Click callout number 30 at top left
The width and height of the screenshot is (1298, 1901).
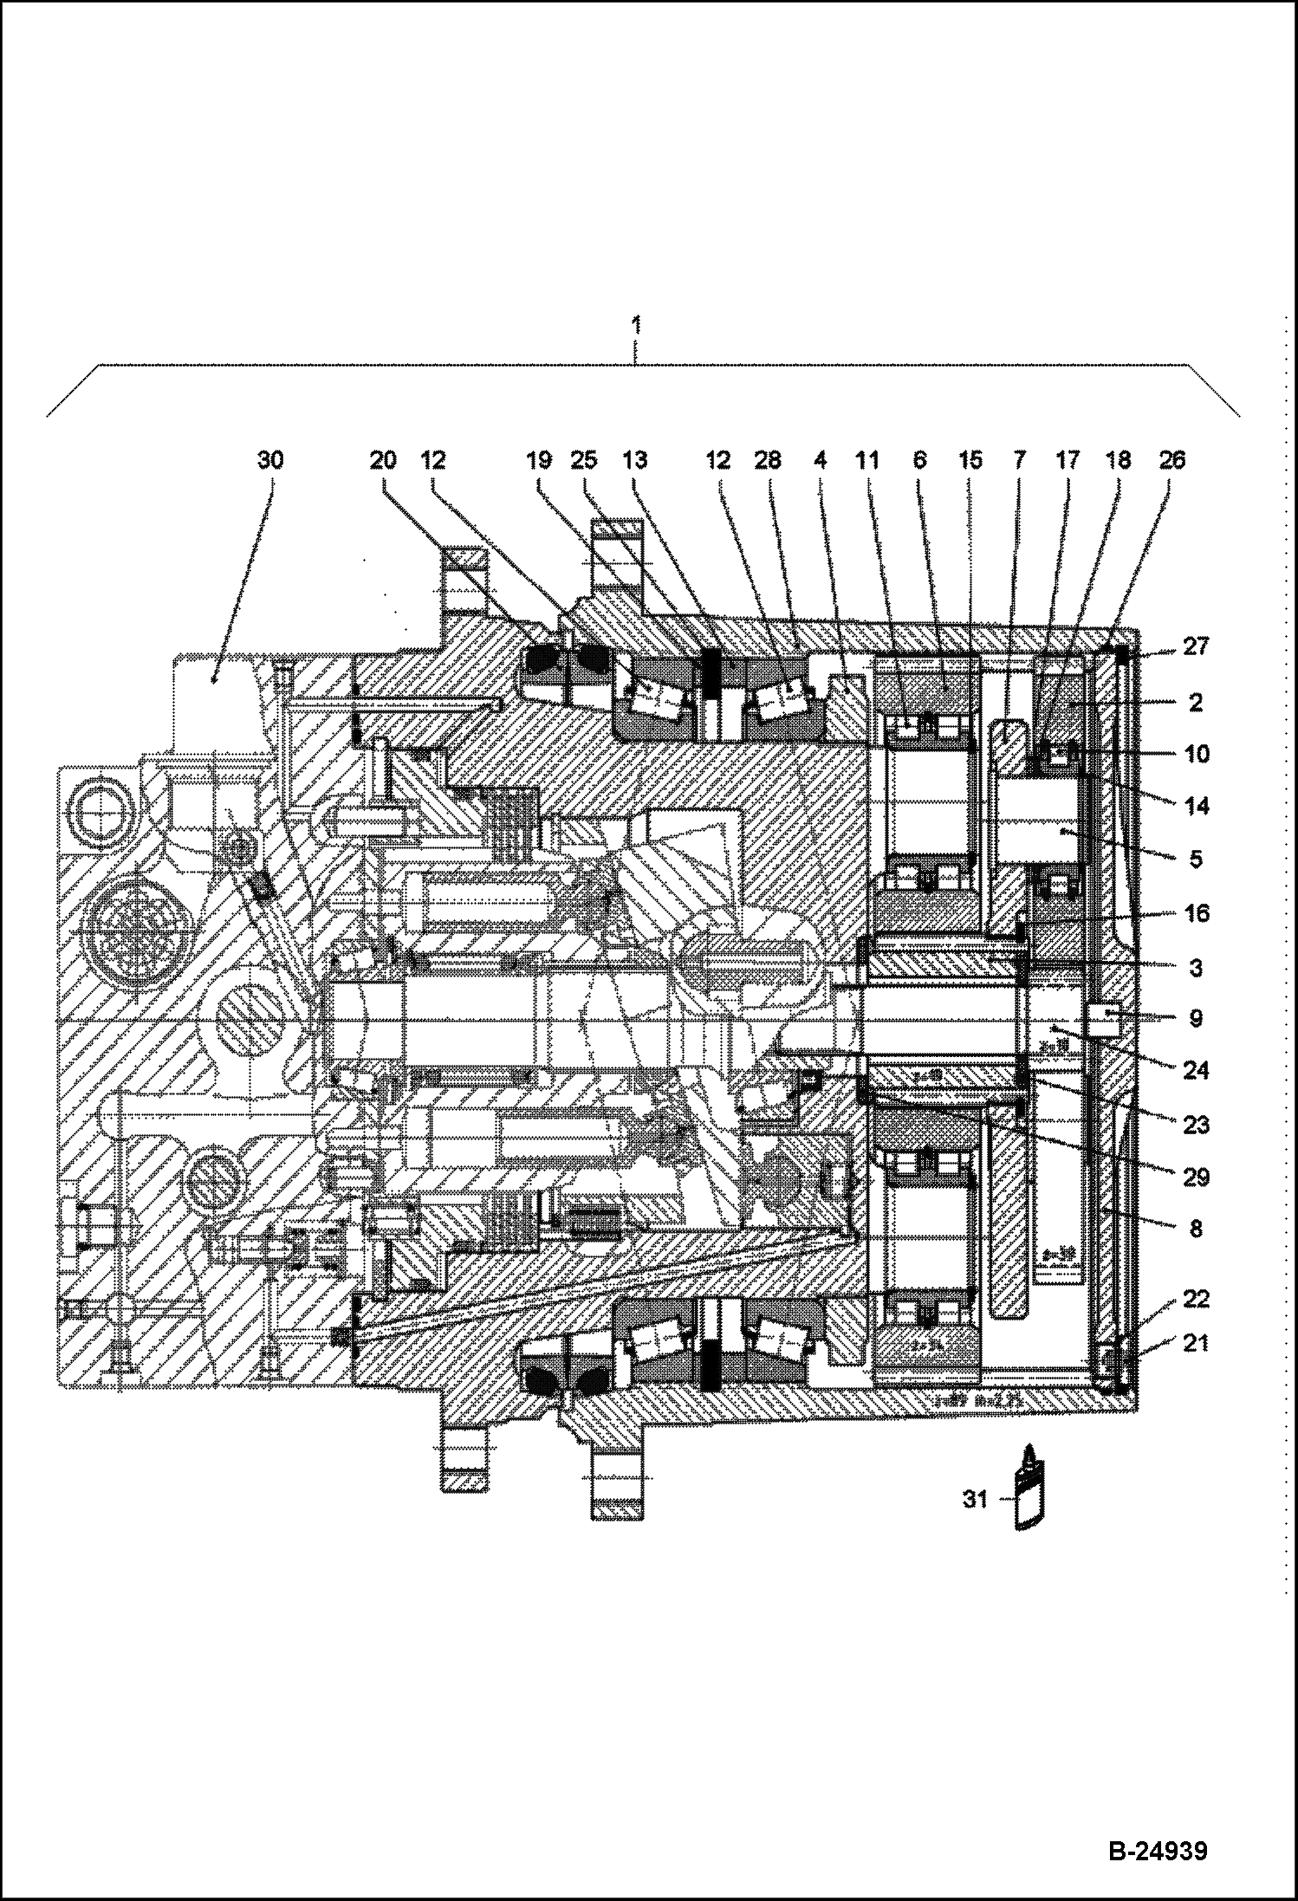click(270, 460)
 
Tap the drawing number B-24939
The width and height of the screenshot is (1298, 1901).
click(1157, 1852)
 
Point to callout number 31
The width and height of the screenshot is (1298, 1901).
click(976, 1498)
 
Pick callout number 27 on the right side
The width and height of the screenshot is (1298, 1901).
click(1195, 647)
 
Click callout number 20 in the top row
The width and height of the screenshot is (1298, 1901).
click(383, 460)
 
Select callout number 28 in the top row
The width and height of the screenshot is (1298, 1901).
click(768, 460)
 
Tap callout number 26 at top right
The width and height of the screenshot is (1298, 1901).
click(1171, 460)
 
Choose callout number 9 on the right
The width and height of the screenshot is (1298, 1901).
click(1195, 1019)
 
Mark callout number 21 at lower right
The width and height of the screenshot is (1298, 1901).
click(1195, 1343)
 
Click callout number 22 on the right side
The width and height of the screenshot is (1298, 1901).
click(1195, 1299)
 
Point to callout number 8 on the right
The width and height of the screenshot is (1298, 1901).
click(1195, 1229)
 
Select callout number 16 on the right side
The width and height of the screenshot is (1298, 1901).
click(1195, 913)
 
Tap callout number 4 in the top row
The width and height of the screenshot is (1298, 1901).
click(819, 460)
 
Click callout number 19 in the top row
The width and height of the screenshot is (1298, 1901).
click(539, 460)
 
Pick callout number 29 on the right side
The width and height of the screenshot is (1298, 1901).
click(1195, 1177)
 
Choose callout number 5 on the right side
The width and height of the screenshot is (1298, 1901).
click(1195, 860)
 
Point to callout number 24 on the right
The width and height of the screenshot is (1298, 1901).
click(1195, 1071)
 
